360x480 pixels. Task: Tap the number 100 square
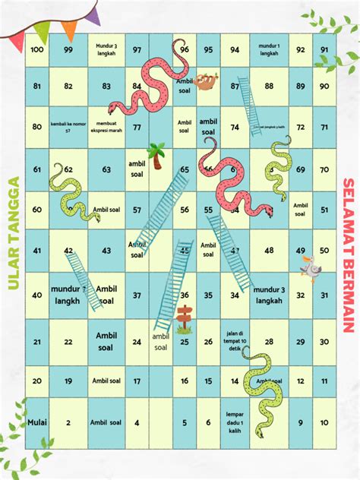[x=37, y=49]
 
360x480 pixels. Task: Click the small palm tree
[x=157, y=155]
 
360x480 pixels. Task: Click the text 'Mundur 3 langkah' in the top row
[x=106, y=49]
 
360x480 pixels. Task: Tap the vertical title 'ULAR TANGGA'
[x=13, y=234]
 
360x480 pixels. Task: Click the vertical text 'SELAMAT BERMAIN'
[x=349, y=255]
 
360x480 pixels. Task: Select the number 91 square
[x=324, y=49]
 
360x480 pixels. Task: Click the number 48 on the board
[x=269, y=251]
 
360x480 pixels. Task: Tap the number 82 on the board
[x=68, y=87]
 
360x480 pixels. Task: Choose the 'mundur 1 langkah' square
[x=269, y=49]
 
